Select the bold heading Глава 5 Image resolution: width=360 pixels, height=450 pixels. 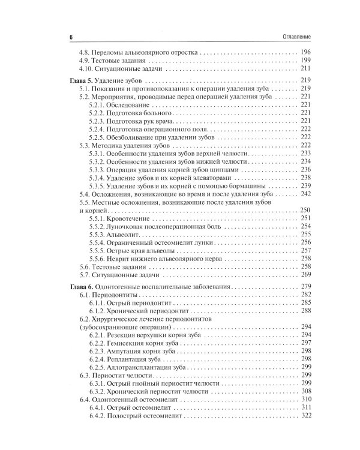tap(78, 80)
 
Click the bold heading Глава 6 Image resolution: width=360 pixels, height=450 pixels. tap(78, 286)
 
